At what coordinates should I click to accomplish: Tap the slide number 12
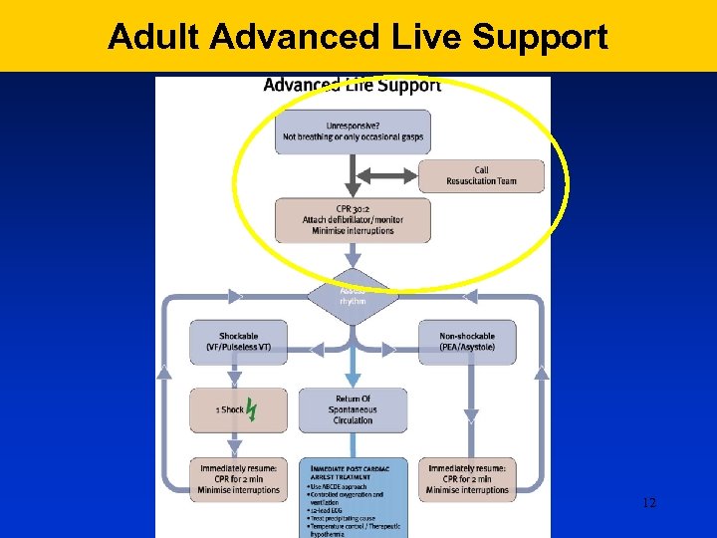(649, 503)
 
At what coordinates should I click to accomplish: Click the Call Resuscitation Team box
(481, 175)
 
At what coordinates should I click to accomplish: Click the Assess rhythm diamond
(353, 295)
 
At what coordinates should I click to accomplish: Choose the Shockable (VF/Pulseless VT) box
(238, 342)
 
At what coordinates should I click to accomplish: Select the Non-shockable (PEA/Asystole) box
(467, 342)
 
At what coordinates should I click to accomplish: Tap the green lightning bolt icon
(252, 409)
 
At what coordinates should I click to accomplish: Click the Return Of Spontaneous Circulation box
(353, 409)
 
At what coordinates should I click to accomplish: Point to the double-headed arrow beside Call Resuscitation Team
(384, 175)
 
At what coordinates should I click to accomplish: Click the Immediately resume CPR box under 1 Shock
(238, 478)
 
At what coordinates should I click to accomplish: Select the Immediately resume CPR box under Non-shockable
(467, 478)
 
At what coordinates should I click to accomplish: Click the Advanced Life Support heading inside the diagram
(352, 85)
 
